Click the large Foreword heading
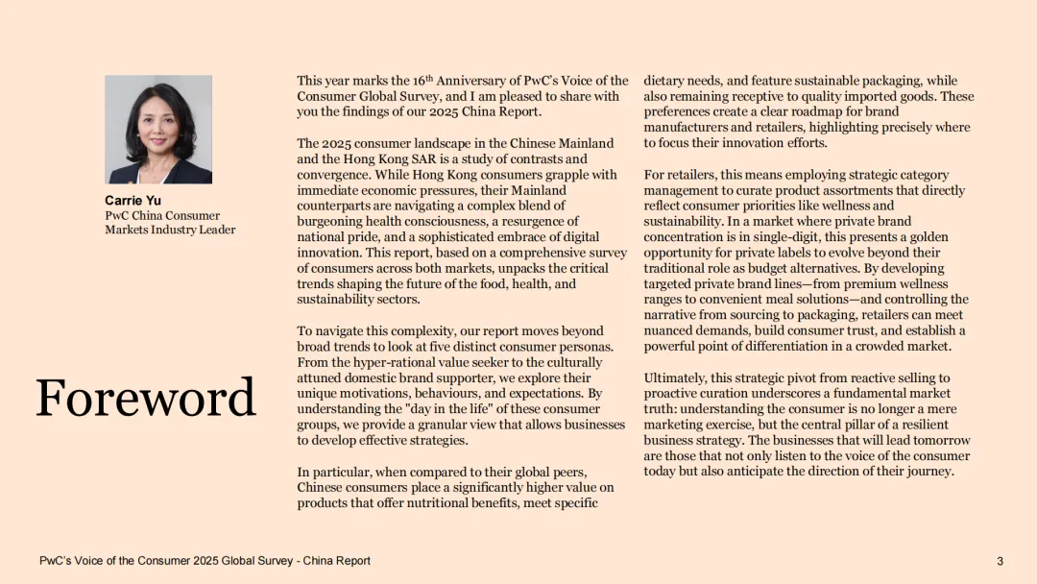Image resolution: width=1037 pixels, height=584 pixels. click(x=146, y=398)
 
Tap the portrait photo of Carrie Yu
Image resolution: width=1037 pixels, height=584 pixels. click(x=158, y=130)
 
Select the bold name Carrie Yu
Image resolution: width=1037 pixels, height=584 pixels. click(x=133, y=201)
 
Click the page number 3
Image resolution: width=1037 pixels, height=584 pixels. click(x=1000, y=561)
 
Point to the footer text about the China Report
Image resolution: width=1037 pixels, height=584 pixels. click(x=205, y=561)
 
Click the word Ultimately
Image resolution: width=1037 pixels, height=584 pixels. click(x=676, y=377)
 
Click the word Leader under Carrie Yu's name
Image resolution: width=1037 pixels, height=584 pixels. click(x=216, y=230)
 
